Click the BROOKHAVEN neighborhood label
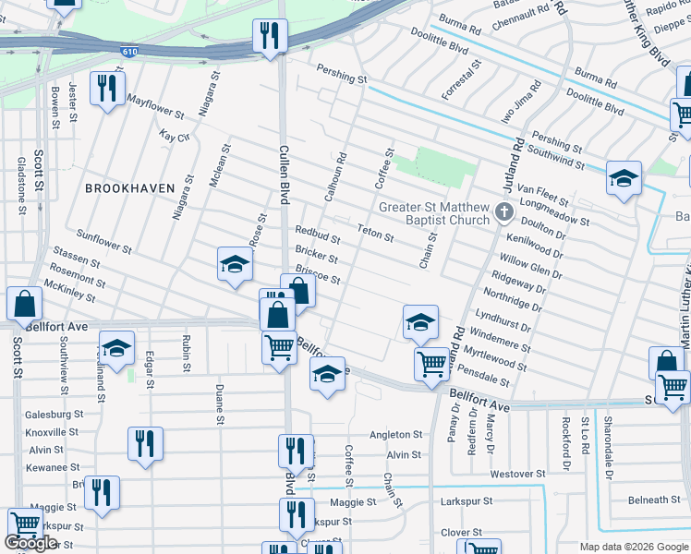[129, 187]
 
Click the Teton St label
[375, 234]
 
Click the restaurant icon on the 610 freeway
[270, 37]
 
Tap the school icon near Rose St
[235, 264]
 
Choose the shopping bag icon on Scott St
[23, 303]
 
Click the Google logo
[30, 543]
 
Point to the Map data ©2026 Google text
[633, 547]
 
